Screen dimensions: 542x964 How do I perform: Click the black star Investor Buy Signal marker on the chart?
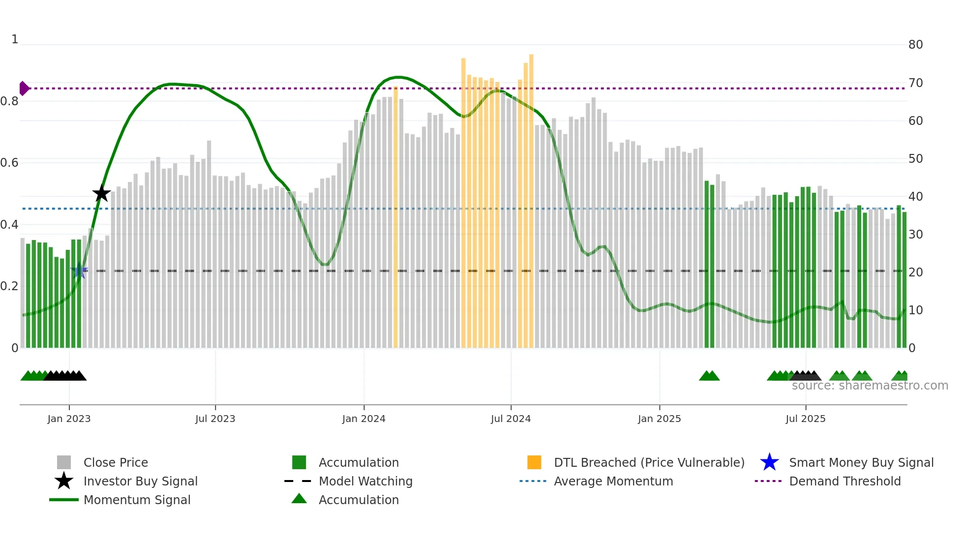pyautogui.click(x=101, y=193)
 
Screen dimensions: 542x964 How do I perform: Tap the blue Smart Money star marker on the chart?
pyautogui.click(x=79, y=271)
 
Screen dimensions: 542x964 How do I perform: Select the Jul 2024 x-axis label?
pyautogui.click(x=511, y=419)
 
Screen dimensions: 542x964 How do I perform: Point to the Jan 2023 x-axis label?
pyautogui.click(x=69, y=419)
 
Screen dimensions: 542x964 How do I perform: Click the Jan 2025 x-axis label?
pyautogui.click(x=659, y=419)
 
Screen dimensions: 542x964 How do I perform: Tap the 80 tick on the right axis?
pyautogui.click(x=915, y=45)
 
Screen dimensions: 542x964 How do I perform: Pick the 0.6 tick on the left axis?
pyautogui.click(x=10, y=163)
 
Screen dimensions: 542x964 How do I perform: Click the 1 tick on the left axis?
pyautogui.click(x=15, y=39)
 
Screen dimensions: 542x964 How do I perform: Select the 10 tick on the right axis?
pyautogui.click(x=915, y=310)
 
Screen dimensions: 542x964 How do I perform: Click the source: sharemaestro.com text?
pyautogui.click(x=870, y=386)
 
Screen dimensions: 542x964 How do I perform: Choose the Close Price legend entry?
pyautogui.click(x=116, y=462)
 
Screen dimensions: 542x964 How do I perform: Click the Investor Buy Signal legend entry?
pyautogui.click(x=140, y=481)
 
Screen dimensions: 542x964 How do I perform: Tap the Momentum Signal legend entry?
pyautogui.click(x=137, y=500)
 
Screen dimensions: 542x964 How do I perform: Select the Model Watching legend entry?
pyautogui.click(x=365, y=481)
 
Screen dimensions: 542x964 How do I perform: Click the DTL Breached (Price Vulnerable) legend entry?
pyautogui.click(x=649, y=462)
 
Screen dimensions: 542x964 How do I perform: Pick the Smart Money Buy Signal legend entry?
pyautogui.click(x=861, y=462)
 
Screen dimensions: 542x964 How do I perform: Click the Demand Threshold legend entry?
pyautogui.click(x=844, y=481)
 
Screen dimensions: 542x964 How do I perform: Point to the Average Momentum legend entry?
pyautogui.click(x=613, y=481)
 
